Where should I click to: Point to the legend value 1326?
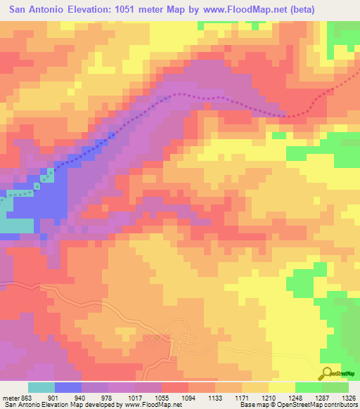[349, 397]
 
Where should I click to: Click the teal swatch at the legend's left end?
[41, 387]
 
